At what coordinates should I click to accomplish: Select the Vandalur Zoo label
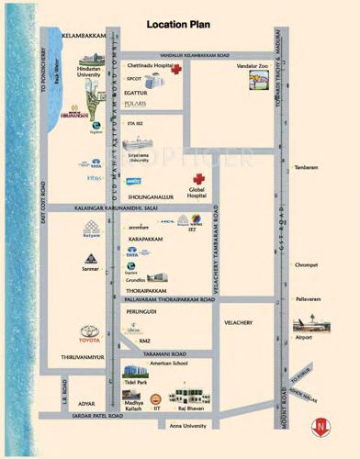point(252,67)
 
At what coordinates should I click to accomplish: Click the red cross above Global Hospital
point(197,180)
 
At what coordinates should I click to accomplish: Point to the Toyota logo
point(89,331)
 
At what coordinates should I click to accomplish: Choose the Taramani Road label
point(163,353)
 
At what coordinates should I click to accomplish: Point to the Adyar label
point(85,402)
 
